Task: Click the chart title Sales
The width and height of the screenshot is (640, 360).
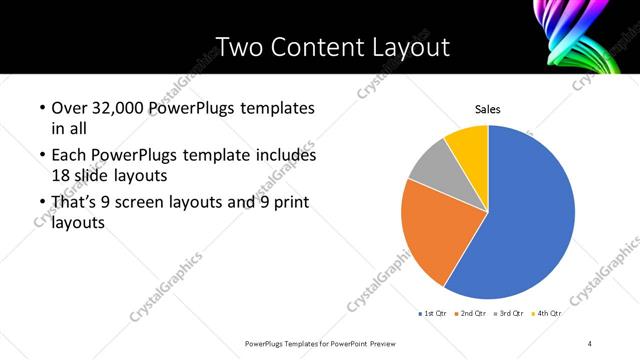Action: (487, 110)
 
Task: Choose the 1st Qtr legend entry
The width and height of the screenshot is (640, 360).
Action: (432, 314)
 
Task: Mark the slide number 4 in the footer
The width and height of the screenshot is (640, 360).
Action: (590, 344)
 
